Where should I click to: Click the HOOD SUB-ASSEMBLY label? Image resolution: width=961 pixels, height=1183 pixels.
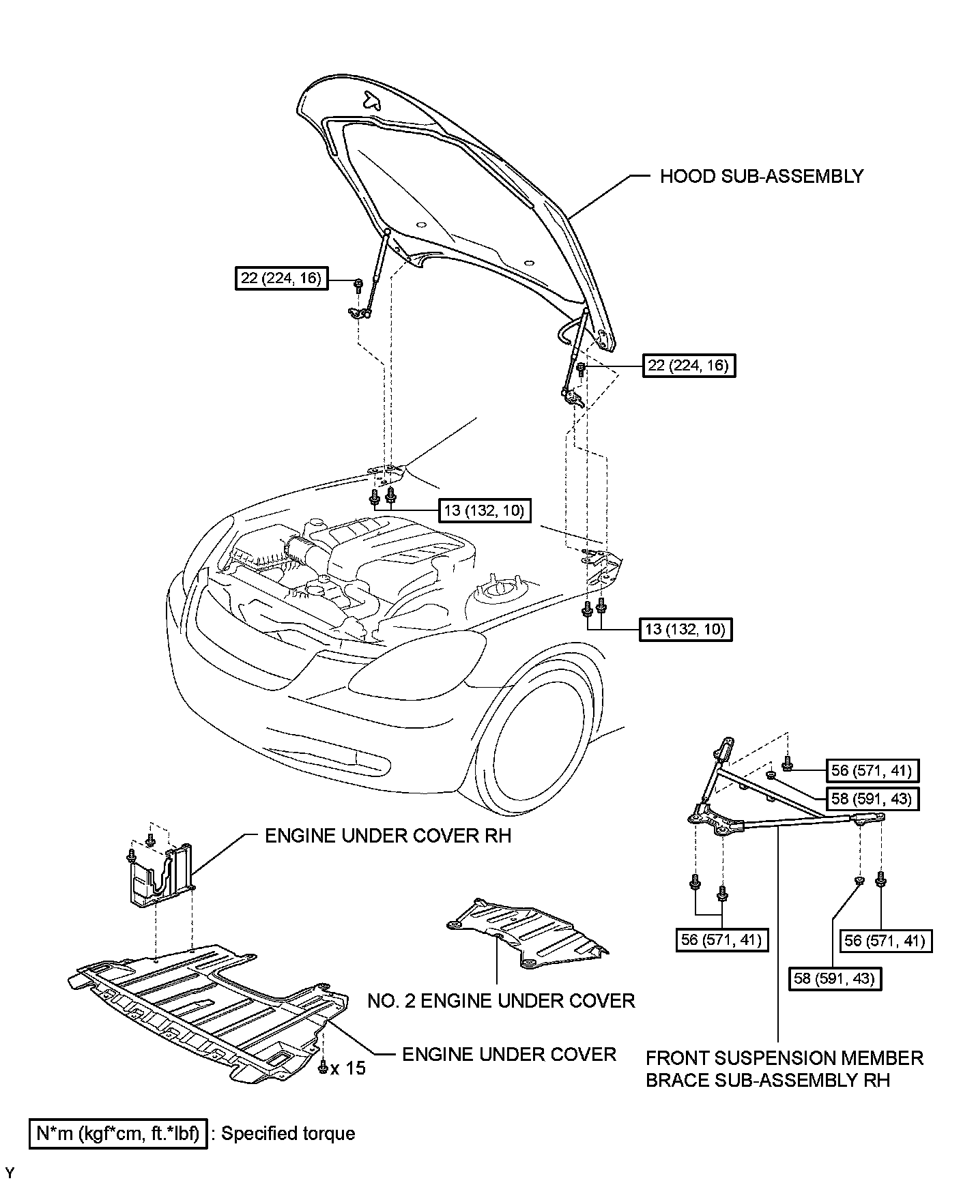(x=761, y=177)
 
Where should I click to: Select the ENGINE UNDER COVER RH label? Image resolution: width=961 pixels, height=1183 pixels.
(x=387, y=836)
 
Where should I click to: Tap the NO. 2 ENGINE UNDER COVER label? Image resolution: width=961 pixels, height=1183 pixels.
(x=501, y=1001)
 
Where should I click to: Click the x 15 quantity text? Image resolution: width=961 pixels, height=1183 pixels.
(x=348, y=1068)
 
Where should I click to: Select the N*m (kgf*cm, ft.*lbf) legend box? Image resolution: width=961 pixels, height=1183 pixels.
(x=118, y=1134)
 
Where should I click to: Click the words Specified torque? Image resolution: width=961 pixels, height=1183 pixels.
(x=288, y=1134)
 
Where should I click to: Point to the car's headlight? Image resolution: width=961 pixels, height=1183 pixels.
(x=416, y=662)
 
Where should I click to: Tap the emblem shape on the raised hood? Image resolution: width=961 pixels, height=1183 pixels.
(x=372, y=100)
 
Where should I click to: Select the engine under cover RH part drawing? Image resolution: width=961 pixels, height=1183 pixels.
(x=160, y=877)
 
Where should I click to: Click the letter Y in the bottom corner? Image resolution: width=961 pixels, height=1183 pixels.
(x=9, y=1173)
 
